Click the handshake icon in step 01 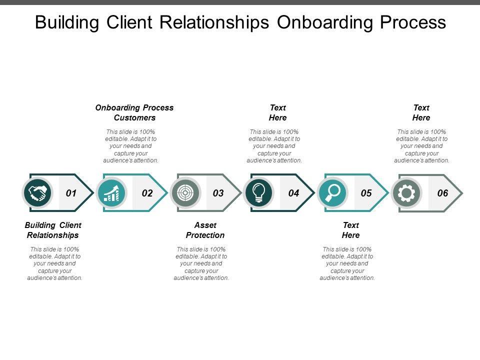38,193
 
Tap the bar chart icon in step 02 111,193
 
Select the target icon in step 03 185,193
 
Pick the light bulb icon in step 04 259,193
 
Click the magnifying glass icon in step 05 332,193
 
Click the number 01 71,193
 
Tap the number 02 147,193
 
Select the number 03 218,193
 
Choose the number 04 293,193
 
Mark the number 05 366,193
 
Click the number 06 443,193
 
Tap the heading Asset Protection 205,230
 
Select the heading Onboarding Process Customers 134,112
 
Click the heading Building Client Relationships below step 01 53,230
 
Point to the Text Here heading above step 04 278,112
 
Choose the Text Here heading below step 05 350,230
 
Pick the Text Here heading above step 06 421,112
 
